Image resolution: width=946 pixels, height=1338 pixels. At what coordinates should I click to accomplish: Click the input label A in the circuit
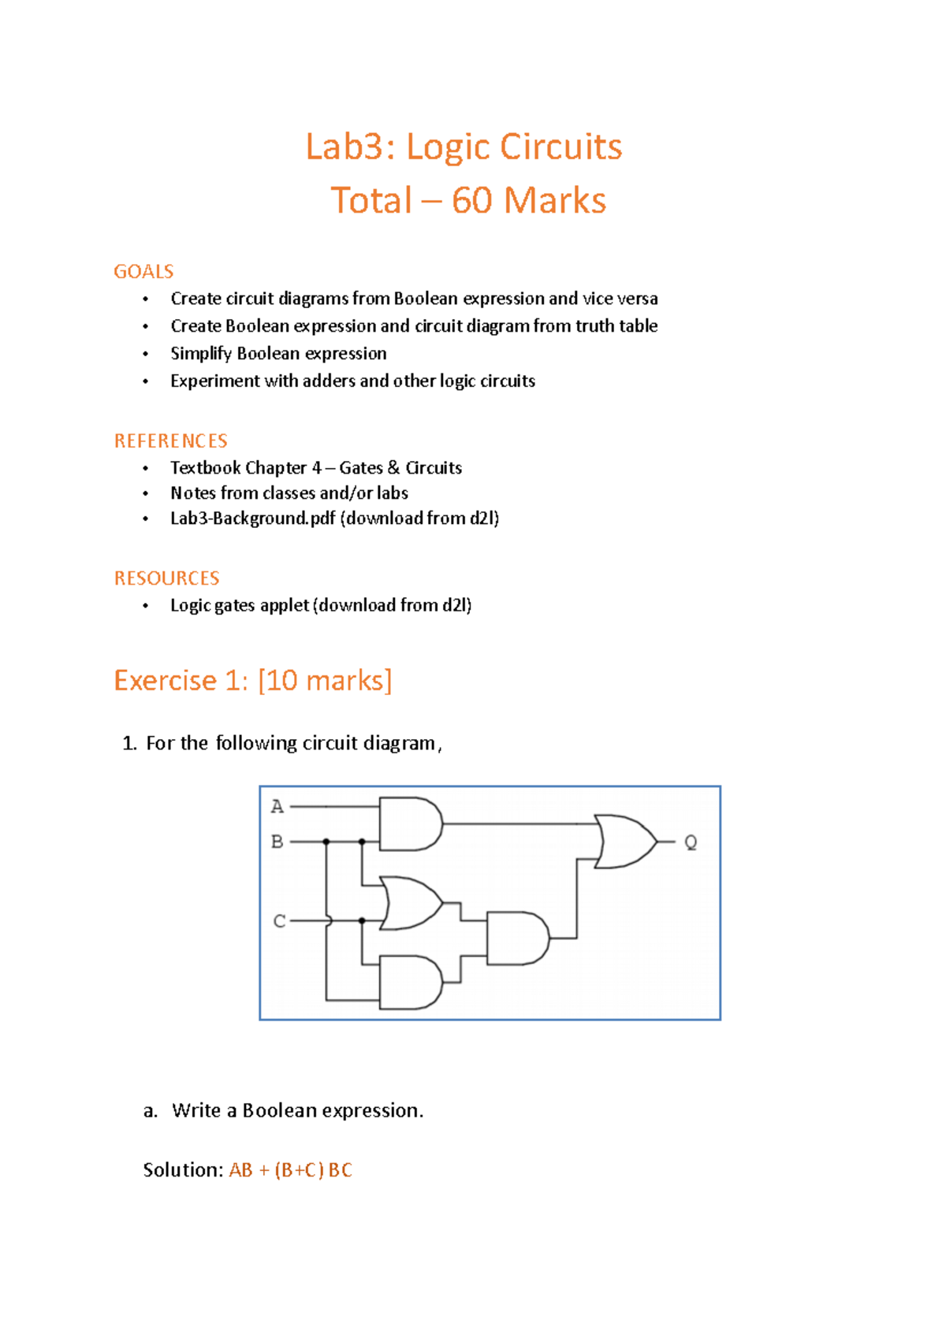(277, 806)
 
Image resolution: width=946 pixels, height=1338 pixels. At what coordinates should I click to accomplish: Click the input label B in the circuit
(277, 842)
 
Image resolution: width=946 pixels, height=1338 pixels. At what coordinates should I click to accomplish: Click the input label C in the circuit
(279, 920)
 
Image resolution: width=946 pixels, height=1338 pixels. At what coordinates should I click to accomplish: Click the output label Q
(691, 842)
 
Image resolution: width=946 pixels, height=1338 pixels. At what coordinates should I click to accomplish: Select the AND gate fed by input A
(409, 823)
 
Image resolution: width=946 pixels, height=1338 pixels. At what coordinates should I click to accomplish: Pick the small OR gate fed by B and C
(411, 903)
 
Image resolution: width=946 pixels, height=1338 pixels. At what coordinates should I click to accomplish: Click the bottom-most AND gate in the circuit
(409, 982)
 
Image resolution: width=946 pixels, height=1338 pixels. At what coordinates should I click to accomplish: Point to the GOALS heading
(143, 272)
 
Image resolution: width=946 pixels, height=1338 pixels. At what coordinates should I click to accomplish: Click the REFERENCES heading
(171, 440)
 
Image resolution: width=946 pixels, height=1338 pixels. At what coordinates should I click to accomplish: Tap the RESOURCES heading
(167, 578)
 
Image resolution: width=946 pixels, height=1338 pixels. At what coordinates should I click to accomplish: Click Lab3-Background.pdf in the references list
(253, 518)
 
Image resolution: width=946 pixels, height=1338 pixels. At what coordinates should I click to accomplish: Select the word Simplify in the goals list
(201, 354)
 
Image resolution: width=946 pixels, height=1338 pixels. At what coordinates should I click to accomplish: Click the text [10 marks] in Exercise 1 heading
(325, 680)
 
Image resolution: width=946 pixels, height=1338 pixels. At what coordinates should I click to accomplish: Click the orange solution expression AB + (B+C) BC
(290, 1170)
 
